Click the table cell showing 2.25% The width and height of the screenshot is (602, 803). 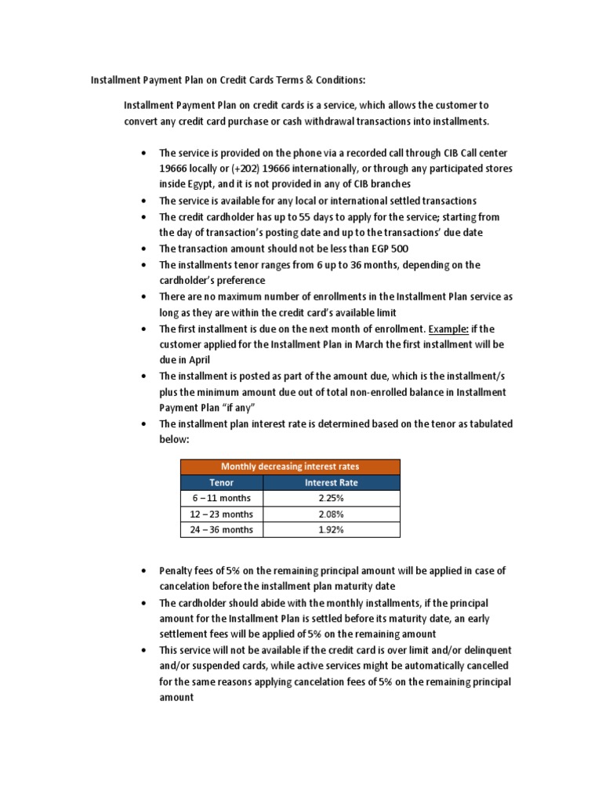pos(332,498)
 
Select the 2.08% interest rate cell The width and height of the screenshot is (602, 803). pos(332,514)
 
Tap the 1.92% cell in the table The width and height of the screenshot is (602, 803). pos(332,529)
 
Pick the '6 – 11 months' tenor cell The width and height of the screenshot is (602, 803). pos(223,498)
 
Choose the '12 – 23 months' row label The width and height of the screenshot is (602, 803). pos(223,514)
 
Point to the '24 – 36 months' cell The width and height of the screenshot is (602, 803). pos(223,529)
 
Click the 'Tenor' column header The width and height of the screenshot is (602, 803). pos(223,482)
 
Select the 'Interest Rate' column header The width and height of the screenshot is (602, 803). pos(332,482)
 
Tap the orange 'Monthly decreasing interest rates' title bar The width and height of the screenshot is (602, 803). pos(290,467)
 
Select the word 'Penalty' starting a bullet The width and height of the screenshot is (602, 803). pos(176,570)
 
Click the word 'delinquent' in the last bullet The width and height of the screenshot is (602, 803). pos(487,650)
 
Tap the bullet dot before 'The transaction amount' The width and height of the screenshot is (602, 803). pos(143,249)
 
